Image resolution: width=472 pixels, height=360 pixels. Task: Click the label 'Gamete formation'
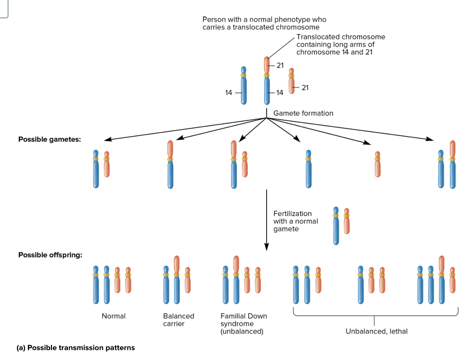(x=303, y=113)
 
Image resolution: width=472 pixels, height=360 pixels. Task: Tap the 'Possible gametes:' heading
(x=50, y=139)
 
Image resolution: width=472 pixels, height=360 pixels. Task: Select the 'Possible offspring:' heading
(x=50, y=255)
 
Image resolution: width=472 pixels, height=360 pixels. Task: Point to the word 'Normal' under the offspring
(x=114, y=316)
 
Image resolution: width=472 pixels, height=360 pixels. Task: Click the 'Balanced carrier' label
(x=178, y=320)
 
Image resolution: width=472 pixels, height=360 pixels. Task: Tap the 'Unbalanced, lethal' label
(x=376, y=331)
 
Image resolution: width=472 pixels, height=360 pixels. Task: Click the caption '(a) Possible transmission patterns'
(x=76, y=348)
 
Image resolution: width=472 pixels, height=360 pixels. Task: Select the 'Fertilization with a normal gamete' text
(x=295, y=221)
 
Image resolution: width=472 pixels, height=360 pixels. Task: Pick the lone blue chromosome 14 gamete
(x=308, y=169)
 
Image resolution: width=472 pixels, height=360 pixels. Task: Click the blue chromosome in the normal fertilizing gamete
(x=336, y=225)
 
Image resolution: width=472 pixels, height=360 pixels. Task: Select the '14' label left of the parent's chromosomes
(x=229, y=93)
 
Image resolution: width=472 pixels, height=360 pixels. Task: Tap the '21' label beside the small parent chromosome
(x=305, y=87)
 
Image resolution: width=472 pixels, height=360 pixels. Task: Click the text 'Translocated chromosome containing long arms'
(x=340, y=44)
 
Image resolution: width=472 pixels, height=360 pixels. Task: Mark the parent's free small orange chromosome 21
(x=291, y=81)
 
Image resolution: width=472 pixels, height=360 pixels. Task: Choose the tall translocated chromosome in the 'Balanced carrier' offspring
(x=177, y=279)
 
